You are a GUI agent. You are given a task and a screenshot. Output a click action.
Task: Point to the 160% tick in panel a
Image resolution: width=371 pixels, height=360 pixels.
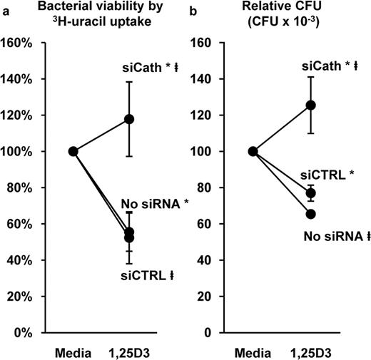(x=17, y=43)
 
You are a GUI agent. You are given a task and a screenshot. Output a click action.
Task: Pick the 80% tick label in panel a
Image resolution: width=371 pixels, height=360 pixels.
(x=19, y=187)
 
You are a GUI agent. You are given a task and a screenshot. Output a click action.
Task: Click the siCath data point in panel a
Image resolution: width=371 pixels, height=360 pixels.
(x=129, y=119)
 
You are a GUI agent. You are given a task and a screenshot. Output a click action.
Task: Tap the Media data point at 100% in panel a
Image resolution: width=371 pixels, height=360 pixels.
(x=73, y=151)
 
